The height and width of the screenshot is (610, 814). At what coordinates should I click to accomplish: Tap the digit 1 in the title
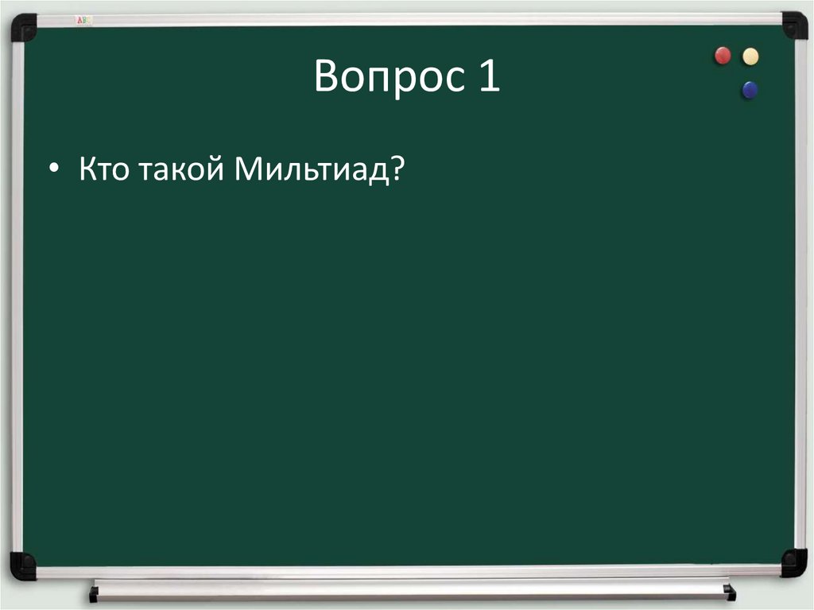(489, 76)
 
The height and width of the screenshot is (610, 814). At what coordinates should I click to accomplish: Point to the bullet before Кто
(53, 170)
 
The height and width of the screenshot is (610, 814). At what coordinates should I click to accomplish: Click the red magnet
(723, 56)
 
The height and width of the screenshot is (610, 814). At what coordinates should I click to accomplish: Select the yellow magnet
(750, 56)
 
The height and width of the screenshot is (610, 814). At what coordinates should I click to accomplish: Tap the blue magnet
(750, 90)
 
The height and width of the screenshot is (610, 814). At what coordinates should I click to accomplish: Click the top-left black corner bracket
(24, 26)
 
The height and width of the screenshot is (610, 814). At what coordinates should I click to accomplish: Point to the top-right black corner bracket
(793, 25)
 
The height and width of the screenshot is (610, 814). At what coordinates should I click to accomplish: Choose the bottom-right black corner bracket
(793, 562)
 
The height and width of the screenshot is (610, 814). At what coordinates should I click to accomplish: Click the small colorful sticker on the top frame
(83, 19)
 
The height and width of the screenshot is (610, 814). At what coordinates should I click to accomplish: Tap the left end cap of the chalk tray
(94, 593)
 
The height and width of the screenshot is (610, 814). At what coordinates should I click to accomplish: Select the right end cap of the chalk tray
(730, 592)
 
